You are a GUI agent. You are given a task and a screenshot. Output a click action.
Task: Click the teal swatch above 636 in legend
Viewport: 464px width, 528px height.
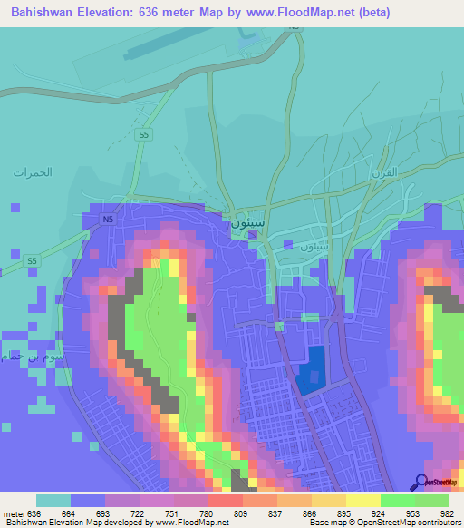[53, 500]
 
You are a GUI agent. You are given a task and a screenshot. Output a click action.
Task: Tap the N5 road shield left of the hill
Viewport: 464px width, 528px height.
[108, 220]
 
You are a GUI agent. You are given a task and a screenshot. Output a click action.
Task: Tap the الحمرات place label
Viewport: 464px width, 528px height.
[32, 171]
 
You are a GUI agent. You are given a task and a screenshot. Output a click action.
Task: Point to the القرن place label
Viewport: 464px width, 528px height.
[385, 171]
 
